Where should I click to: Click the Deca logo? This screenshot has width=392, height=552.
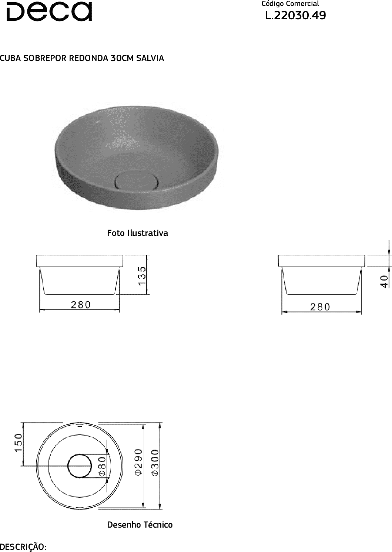pyautogui.click(x=49, y=11)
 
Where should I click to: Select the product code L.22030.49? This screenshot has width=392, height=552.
pyautogui.click(x=295, y=15)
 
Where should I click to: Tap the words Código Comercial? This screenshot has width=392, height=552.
pyautogui.click(x=290, y=4)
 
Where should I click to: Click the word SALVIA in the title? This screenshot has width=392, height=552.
pyautogui.click(x=150, y=58)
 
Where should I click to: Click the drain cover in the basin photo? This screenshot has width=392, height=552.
pyautogui.click(x=137, y=180)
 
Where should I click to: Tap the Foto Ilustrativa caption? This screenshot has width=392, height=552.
pyautogui.click(x=137, y=233)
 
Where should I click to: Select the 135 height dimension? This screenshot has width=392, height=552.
pyautogui.click(x=142, y=276)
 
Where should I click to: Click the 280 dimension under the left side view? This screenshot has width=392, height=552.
pyautogui.click(x=81, y=305)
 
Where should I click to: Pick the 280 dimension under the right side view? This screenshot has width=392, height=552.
pyautogui.click(x=320, y=307)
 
